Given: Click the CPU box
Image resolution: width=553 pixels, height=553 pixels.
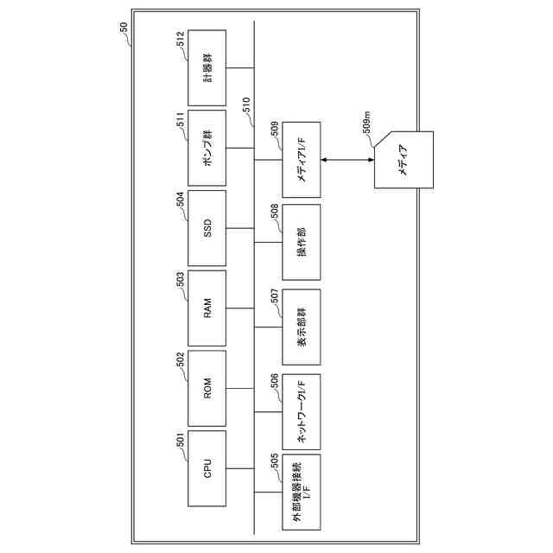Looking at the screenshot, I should tap(207, 469).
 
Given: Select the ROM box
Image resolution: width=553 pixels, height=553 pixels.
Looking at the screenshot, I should tap(207, 389).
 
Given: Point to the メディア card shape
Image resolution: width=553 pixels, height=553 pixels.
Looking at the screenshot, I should tap(403, 161).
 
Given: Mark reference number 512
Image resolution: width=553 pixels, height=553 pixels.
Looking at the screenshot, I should tap(181, 41).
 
